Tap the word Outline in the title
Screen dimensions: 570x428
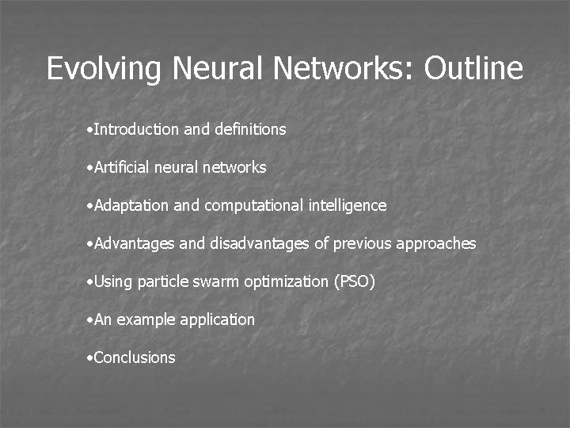click(473, 69)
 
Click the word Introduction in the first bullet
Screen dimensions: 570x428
click(136, 129)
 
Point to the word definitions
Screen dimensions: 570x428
click(250, 129)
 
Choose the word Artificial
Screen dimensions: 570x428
click(120, 167)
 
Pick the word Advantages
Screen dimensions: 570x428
click(134, 244)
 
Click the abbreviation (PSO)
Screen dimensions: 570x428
click(355, 282)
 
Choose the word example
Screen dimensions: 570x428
click(147, 320)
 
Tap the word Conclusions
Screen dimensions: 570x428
click(135, 357)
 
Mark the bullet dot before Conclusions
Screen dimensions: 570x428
click(90, 358)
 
